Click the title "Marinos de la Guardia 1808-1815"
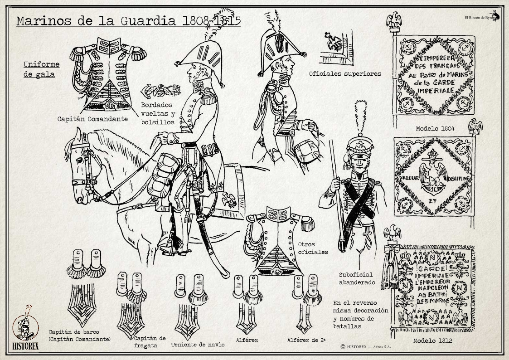[x=128, y=21]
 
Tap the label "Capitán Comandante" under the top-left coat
[x=92, y=119]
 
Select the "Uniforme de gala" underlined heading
[x=41, y=69]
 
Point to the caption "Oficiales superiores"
[x=345, y=73]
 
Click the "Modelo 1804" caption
[x=435, y=129]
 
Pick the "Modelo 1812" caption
[x=432, y=341]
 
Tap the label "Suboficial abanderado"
[x=357, y=278]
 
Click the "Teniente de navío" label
[x=198, y=345]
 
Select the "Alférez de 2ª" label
[x=306, y=340]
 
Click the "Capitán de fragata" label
[x=150, y=342]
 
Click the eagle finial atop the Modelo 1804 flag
[x=394, y=20]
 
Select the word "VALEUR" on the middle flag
[x=409, y=178]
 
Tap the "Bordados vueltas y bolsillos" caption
[x=157, y=113]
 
